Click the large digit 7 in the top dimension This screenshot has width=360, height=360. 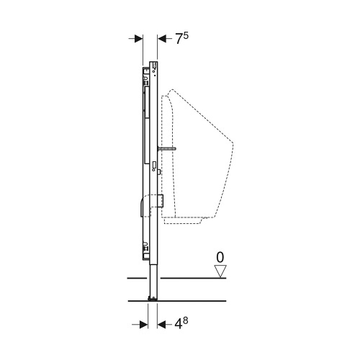coord(178,40)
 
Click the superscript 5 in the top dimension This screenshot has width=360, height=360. coord(186,35)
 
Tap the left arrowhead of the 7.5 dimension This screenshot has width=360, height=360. coord(138,40)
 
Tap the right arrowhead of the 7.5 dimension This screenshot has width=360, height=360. coord(162,40)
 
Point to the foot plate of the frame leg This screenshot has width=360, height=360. coord(152,297)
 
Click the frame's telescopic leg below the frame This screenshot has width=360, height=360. coord(152,281)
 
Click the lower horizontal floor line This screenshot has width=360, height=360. coord(180,300)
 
